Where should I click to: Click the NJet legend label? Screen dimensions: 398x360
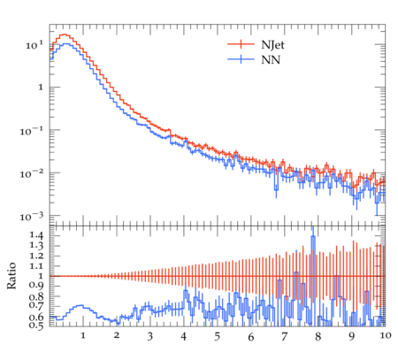click(272, 45)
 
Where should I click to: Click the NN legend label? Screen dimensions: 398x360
click(271, 60)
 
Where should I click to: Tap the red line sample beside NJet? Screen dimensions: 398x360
click(241, 44)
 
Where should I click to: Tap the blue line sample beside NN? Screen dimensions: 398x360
click(241, 59)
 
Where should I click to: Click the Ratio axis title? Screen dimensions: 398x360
click(11, 276)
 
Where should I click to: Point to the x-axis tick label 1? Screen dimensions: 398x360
click(83, 335)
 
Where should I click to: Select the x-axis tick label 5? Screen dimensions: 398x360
click(218, 337)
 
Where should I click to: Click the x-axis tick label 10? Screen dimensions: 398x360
click(386, 335)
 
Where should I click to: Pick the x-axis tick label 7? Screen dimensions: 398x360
click(284, 337)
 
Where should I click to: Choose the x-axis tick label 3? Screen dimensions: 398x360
click(150, 337)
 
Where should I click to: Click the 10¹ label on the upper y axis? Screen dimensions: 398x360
click(34, 45)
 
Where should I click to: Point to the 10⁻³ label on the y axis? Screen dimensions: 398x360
click(32, 217)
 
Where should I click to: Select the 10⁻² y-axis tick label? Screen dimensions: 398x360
click(32, 173)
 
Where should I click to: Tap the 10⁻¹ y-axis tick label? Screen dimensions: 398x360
click(32, 131)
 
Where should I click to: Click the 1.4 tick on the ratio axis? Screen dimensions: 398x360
click(36, 235)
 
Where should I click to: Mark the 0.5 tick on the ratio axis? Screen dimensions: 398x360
click(36, 326)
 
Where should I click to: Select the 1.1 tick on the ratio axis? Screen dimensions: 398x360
click(36, 266)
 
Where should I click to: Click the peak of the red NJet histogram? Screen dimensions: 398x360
click(65, 34)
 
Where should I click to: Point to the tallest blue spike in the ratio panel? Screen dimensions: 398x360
click(313, 236)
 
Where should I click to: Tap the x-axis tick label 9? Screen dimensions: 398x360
click(351, 337)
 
